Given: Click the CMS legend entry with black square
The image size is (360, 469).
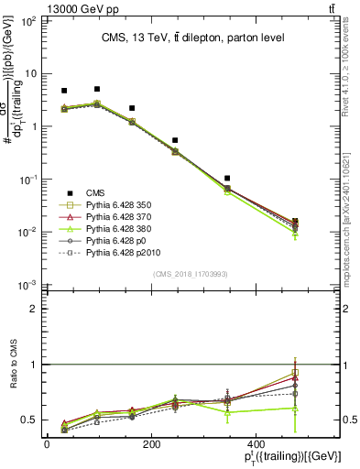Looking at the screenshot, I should [95, 192].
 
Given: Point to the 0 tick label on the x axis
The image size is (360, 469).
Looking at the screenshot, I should [48, 444].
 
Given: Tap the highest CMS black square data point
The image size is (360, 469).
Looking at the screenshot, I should [97, 89].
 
